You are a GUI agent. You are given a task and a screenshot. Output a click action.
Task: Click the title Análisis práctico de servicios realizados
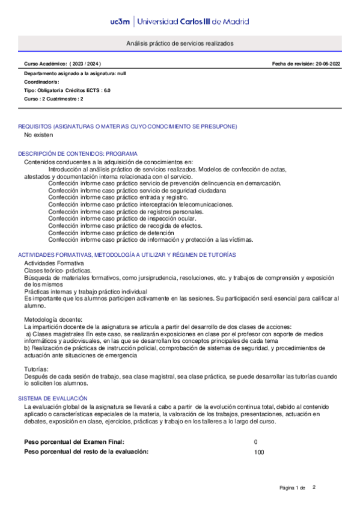pos(180,45)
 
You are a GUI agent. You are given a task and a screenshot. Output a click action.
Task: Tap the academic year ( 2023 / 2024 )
pos(86,64)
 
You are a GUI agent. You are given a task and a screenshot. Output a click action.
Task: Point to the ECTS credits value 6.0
pos(107,90)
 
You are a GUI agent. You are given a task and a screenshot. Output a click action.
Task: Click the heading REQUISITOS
pos(127,126)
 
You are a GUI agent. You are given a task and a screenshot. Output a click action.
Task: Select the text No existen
pos(38,135)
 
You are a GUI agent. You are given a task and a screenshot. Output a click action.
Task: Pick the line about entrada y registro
pos(118,197)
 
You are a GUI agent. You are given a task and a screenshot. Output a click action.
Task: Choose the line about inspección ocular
pos(121,218)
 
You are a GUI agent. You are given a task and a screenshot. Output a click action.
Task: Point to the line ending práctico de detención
pos(111,232)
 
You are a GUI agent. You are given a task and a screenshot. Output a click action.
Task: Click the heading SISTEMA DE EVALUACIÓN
pos(53,399)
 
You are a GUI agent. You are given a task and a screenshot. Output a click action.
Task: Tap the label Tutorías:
pos(37,368)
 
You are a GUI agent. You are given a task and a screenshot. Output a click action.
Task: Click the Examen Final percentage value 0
pos(256,442)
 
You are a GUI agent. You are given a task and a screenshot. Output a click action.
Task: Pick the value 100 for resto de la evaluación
pos(260,452)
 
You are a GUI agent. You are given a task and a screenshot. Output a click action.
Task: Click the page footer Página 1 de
pos(293,487)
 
